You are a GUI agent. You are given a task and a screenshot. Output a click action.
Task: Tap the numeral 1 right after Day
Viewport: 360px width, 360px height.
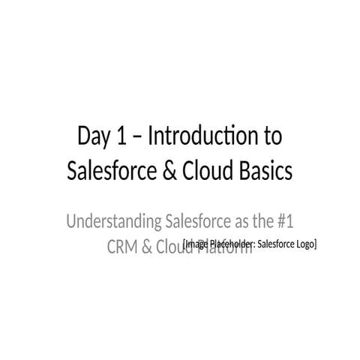[121, 137]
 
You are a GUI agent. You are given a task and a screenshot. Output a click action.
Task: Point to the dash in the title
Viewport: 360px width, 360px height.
[137, 139]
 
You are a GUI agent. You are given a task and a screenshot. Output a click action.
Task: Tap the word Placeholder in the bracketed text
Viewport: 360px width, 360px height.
[232, 243]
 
